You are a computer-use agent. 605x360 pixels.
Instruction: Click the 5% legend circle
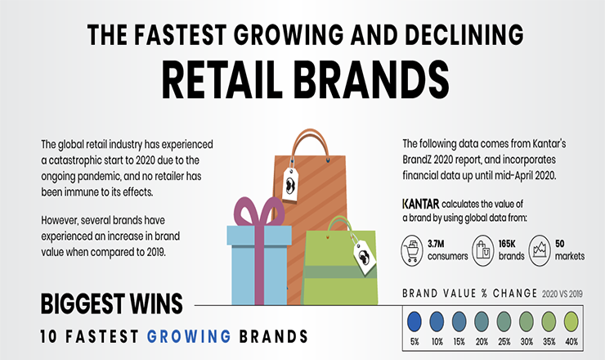(415, 322)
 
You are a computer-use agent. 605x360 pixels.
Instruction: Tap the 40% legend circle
(571, 322)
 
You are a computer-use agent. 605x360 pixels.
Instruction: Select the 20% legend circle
(482, 322)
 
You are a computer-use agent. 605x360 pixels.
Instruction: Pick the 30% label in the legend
(527, 342)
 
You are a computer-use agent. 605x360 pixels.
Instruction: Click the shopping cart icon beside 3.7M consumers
(412, 250)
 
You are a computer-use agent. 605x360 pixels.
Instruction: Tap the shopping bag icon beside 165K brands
(483, 250)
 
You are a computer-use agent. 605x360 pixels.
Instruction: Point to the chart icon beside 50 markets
(540, 250)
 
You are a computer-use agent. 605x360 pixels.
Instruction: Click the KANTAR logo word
(420, 204)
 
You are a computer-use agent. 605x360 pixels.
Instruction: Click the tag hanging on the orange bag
(290, 184)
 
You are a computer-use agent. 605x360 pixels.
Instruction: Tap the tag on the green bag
(365, 256)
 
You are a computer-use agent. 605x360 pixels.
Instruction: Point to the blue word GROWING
(189, 336)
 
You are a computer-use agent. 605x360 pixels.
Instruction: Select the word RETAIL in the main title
(222, 80)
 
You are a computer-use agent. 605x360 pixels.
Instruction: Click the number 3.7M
(436, 244)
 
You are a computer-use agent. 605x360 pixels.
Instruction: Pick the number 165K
(507, 244)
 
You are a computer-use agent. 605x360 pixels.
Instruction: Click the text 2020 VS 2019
(562, 295)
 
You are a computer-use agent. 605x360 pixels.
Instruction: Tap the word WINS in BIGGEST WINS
(156, 304)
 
